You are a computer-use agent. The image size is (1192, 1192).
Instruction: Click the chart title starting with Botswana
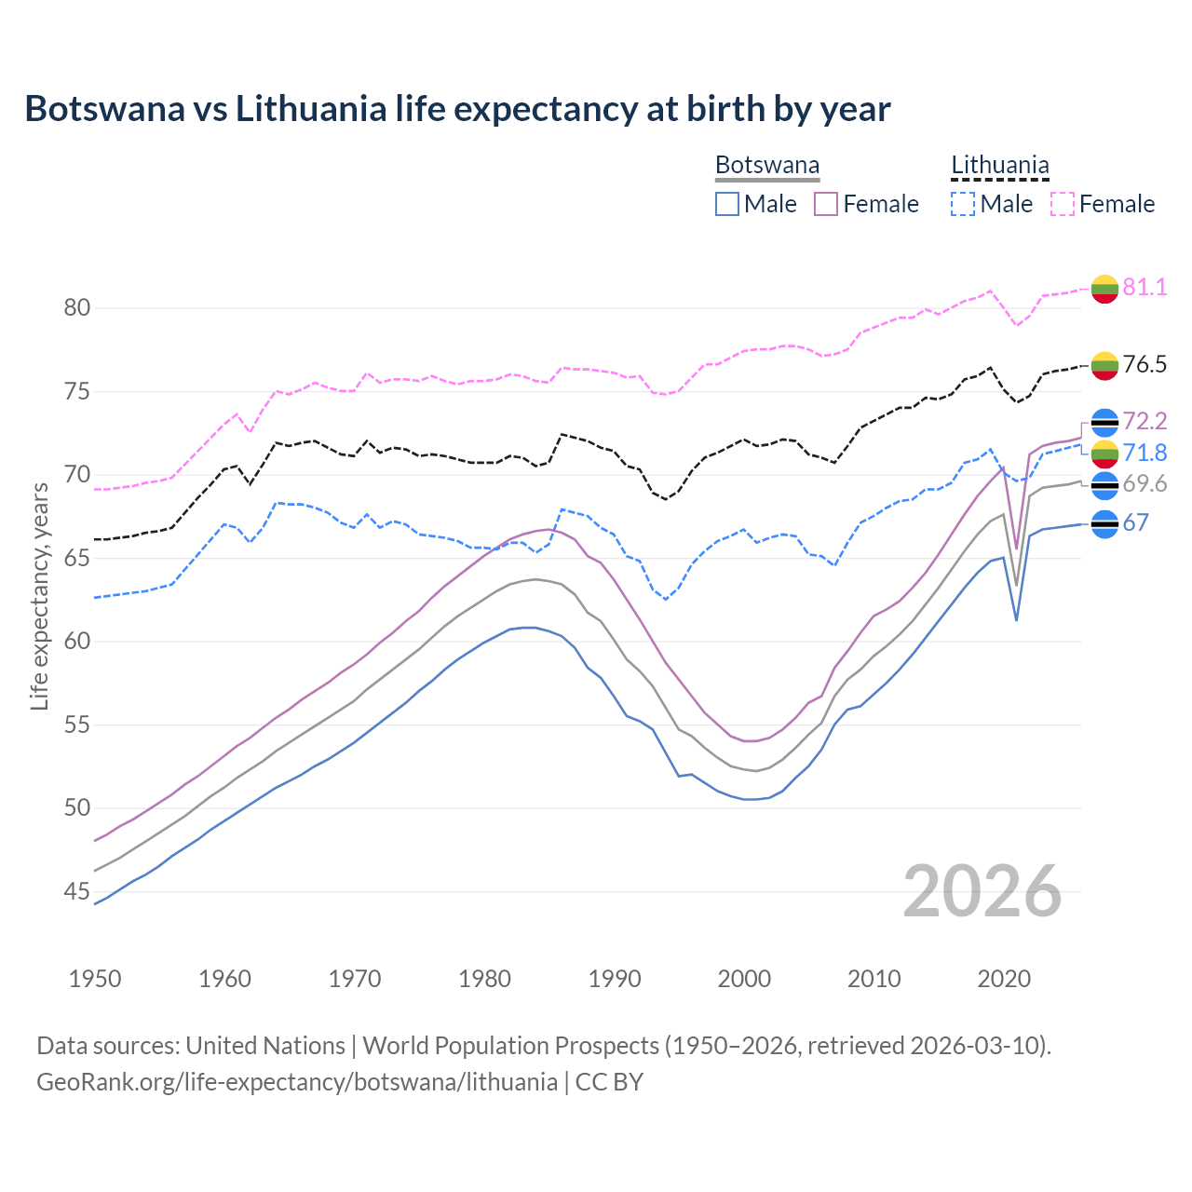coord(457,109)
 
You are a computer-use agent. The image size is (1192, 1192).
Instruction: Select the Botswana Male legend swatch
coord(727,204)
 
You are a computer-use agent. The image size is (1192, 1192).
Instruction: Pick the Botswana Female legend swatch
coord(826,204)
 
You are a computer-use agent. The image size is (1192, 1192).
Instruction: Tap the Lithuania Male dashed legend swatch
coord(963,204)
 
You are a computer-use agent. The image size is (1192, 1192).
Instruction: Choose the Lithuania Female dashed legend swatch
coord(1063,204)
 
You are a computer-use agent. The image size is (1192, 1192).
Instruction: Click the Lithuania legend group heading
coord(999,166)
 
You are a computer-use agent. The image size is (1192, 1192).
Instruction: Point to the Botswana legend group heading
coord(767,166)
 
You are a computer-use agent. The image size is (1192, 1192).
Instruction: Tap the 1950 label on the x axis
coord(95,979)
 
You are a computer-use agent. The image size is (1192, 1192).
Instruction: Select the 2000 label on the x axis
coord(744,979)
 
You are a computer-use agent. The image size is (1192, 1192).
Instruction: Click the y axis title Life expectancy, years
coord(39,596)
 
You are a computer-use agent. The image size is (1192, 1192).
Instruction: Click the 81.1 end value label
coord(1145,287)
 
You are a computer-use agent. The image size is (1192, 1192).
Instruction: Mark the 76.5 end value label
coord(1145,364)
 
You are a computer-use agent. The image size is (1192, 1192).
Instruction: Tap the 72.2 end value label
coord(1145,421)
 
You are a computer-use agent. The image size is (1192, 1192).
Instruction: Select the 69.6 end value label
coord(1145,483)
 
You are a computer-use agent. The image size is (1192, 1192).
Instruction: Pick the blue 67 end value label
coord(1135,522)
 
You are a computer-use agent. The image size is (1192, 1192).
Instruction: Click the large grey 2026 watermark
coord(982,892)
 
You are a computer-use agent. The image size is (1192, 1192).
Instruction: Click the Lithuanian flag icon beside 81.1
coord(1104,289)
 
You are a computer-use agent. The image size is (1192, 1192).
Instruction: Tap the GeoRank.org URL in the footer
coord(297,1082)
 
